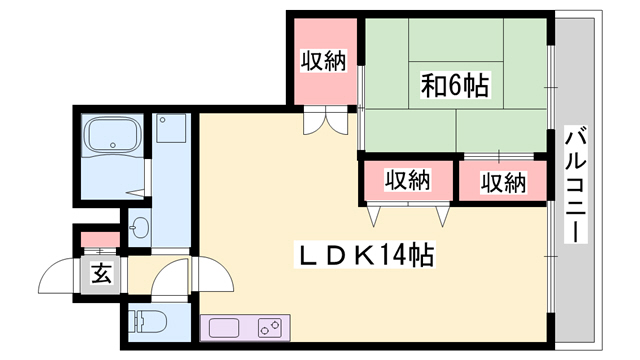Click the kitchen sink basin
coord(224,329)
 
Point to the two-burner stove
coord(270,328)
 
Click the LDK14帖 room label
coord(364,254)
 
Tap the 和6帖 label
coord(455,85)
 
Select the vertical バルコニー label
coord(576,184)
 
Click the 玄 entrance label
coord(101,274)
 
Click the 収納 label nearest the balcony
coord(503,182)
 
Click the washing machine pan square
coord(171,128)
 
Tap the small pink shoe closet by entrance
coord(100,240)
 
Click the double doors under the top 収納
coord(326,120)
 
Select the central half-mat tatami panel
coord(456,85)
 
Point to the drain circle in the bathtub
coord(113,144)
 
